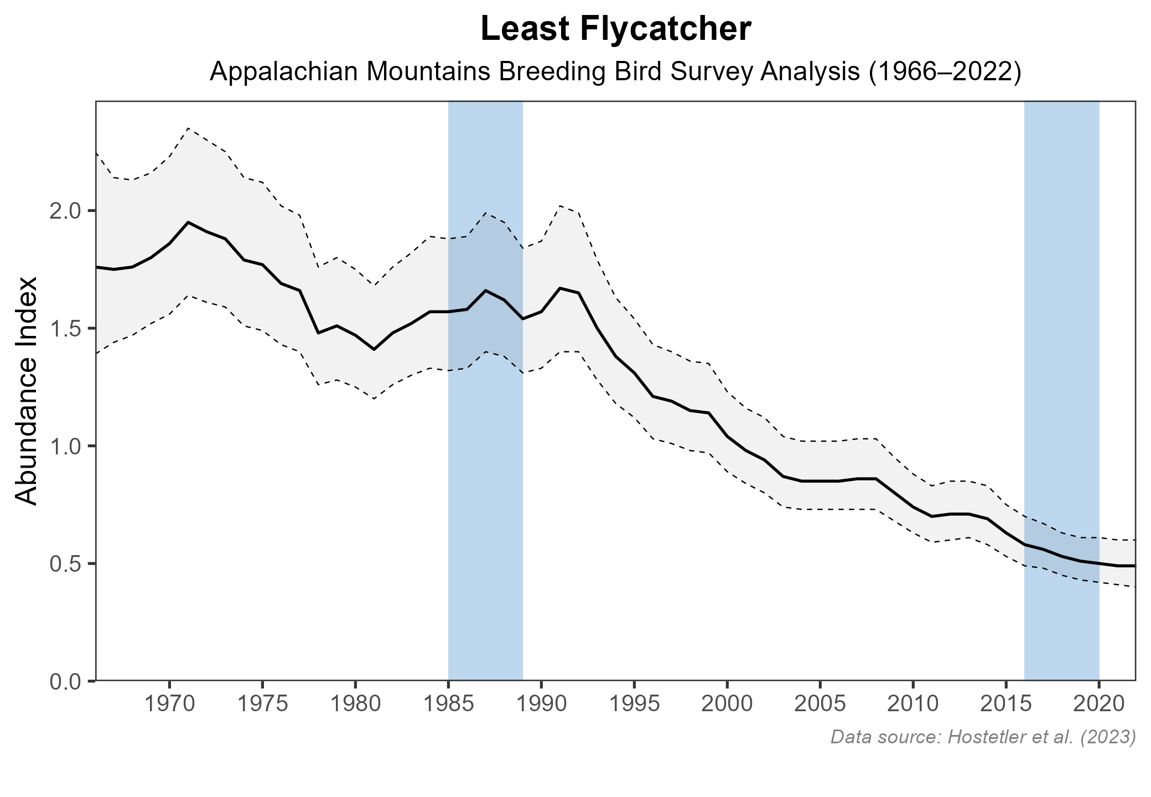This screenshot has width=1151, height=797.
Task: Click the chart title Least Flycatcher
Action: tap(615, 30)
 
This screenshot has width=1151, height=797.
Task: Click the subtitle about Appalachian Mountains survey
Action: tap(615, 73)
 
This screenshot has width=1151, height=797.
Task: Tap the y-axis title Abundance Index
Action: tap(27, 391)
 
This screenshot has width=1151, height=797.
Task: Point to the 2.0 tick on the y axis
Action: tap(65, 211)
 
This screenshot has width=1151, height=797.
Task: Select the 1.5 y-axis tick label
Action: tap(65, 328)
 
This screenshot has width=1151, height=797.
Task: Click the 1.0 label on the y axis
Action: tap(65, 446)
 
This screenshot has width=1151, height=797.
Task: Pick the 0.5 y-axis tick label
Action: tap(65, 563)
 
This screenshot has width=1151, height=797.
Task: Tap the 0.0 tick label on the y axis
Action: tap(65, 681)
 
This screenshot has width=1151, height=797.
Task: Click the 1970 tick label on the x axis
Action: tap(169, 705)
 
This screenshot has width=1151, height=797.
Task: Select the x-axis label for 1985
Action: tap(448, 705)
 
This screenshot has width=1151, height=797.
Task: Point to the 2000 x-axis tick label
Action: tap(727, 705)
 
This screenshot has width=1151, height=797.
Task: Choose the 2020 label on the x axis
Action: tap(1099, 705)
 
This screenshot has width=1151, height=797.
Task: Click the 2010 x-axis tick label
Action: tap(913, 705)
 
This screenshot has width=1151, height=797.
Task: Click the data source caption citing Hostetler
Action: tap(983, 737)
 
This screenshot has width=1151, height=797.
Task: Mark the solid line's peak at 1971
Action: tap(188, 222)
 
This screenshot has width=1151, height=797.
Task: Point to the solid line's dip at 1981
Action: tap(374, 349)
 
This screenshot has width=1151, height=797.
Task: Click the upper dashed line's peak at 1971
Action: tap(188, 128)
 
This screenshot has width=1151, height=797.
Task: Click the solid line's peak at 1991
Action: tap(560, 288)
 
